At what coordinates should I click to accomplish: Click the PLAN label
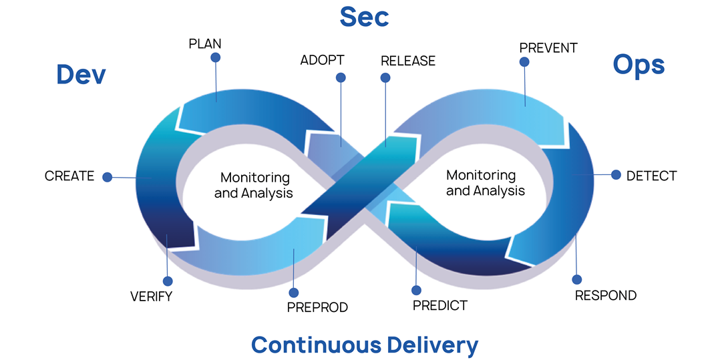205,44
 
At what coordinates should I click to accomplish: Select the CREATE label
69,176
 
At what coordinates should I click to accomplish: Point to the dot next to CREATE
108,177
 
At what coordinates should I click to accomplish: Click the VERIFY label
151,297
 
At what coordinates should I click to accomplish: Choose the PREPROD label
317,307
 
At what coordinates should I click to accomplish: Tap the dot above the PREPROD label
293,293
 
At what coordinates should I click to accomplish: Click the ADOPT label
322,60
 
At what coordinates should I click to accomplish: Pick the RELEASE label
407,61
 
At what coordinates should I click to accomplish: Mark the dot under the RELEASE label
385,77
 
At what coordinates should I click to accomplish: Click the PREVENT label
548,48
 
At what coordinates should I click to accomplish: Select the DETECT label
651,176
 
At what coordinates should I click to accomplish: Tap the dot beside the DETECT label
616,175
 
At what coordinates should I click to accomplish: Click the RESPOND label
606,295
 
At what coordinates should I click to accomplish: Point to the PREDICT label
439,306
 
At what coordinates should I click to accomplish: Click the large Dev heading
81,74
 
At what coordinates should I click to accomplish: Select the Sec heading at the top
364,17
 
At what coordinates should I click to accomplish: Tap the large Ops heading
639,65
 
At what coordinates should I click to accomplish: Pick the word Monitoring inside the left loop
255,178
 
